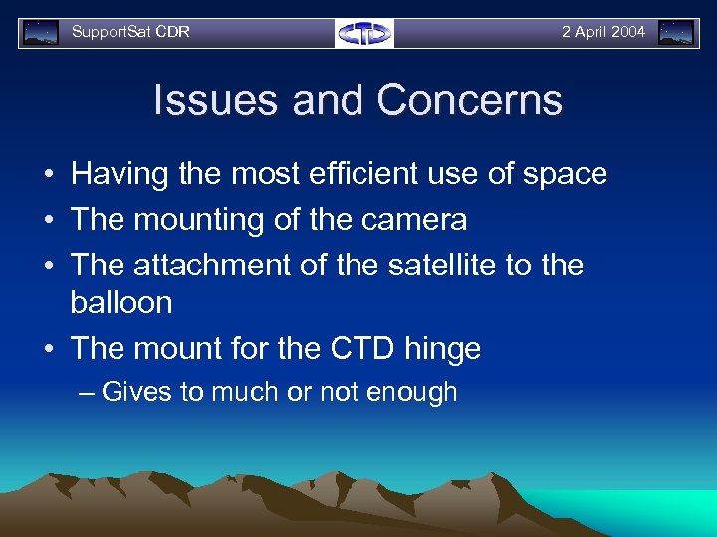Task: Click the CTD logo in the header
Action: pos(364,33)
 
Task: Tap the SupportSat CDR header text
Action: pos(130,32)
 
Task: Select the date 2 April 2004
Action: pos(602,32)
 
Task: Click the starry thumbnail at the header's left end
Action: pos(41,33)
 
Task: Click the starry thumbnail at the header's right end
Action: pos(676,33)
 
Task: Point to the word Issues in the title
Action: pos(211,101)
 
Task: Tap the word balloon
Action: pos(120,303)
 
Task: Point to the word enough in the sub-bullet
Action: pos(411,393)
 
